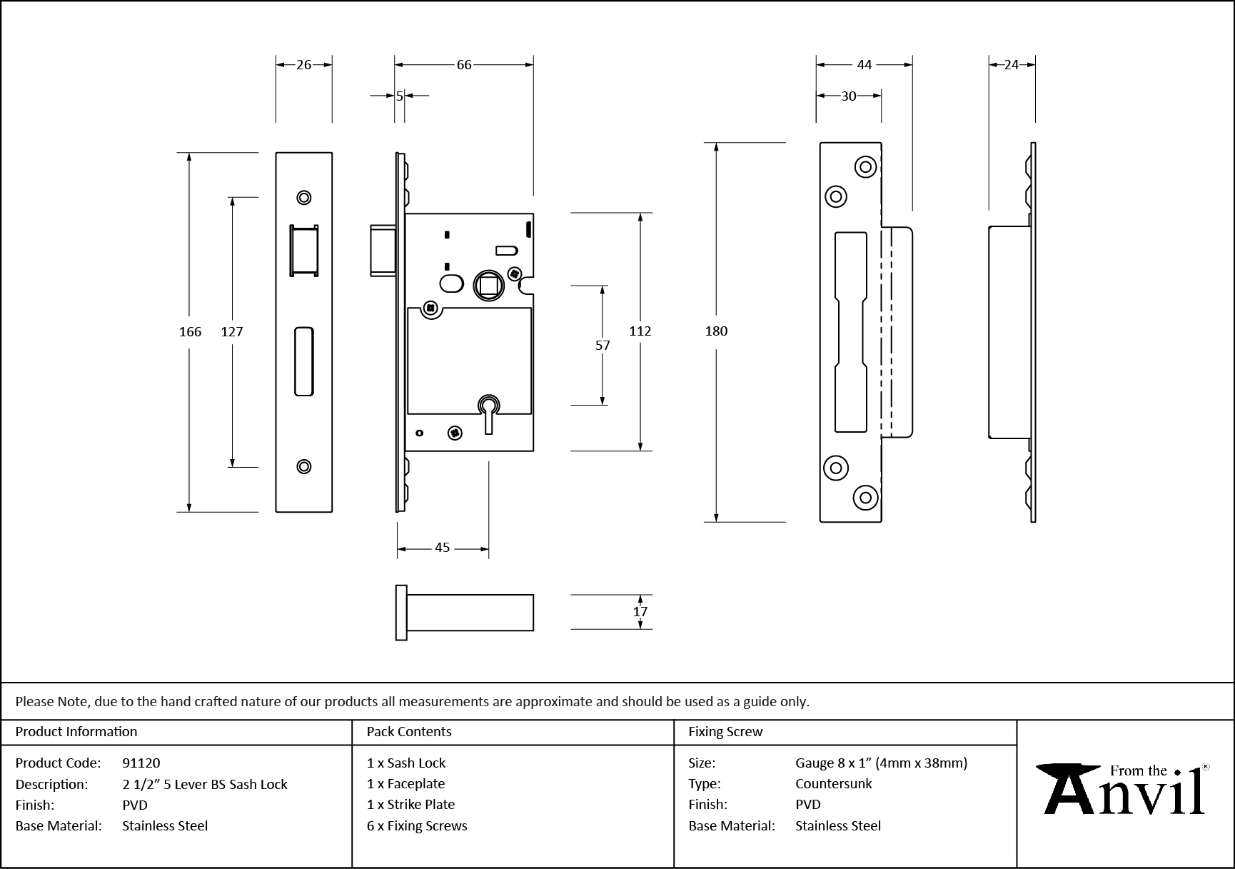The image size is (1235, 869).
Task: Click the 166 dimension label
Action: pos(190,331)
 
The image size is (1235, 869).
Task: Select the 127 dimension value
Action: pos(232,331)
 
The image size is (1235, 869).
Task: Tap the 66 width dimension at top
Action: pos(464,65)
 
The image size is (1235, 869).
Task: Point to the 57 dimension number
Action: pos(603,346)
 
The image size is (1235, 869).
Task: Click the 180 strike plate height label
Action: pos(716,331)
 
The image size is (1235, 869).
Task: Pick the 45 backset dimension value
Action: pos(442,548)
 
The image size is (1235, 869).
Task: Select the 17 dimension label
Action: pos(640,612)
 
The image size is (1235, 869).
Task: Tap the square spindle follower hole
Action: pos(489,286)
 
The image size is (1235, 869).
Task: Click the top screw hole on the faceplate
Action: pos(304,198)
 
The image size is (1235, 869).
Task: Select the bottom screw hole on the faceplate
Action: pos(304,466)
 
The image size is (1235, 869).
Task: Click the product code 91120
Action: pos(141,763)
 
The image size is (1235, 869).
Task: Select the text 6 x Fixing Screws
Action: pos(417,825)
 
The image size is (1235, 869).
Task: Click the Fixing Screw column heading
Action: pos(725,732)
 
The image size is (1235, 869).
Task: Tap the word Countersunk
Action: pos(834,783)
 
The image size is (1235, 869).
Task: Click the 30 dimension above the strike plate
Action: pos(848,96)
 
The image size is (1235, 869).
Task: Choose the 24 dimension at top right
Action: pos(1011,65)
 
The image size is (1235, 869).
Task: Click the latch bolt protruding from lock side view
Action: pos(383,250)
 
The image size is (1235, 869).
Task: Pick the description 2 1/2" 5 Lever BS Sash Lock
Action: pos(205,784)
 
